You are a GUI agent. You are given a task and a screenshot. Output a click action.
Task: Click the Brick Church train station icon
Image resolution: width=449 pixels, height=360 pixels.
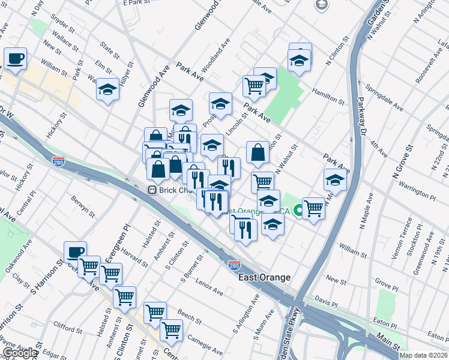152,190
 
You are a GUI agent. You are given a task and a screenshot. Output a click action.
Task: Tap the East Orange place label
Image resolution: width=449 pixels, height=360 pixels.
264,277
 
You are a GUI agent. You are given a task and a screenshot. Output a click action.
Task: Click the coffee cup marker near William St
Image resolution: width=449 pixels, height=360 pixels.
15,59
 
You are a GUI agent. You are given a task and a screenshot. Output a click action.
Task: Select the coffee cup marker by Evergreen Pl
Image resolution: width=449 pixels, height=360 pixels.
75,253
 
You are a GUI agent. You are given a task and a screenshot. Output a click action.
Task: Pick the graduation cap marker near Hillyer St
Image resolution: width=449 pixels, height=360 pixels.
107,90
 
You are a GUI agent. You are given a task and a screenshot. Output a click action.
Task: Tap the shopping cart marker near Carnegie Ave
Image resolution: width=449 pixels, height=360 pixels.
172,330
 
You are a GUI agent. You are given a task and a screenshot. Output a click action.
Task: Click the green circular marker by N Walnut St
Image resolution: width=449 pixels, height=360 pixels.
297,211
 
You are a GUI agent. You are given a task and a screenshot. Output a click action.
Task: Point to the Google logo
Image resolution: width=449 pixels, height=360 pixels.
19,353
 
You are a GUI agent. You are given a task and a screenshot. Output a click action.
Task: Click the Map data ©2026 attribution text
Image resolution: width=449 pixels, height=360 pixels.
423,355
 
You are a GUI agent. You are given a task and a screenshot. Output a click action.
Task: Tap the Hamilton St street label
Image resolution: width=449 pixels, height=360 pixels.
328,96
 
